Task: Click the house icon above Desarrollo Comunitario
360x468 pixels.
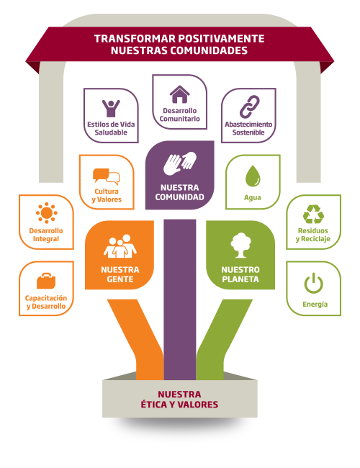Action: [x=180, y=94]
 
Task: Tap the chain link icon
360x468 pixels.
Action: [x=249, y=107]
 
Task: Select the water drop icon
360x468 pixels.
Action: [x=253, y=176]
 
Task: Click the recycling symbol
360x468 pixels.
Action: [x=313, y=214]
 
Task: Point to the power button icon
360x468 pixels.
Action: [x=313, y=283]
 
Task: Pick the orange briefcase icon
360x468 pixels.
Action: [x=46, y=281]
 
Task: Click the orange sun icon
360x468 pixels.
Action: [x=47, y=213]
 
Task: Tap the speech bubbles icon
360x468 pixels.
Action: [x=107, y=176]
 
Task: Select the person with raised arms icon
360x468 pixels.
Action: [x=111, y=108]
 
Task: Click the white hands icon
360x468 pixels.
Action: [x=180, y=163]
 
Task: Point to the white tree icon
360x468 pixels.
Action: [x=240, y=245]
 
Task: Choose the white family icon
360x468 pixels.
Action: [x=120, y=246]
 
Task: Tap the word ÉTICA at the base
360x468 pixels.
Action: [x=156, y=405]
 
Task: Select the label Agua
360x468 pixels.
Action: [x=253, y=197]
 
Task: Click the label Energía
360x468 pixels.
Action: [x=315, y=304]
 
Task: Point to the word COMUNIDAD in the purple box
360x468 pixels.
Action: [x=180, y=197]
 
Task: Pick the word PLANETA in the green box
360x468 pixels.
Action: [x=240, y=279]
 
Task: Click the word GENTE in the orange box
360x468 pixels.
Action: [x=120, y=279]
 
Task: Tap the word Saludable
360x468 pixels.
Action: [x=111, y=132]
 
